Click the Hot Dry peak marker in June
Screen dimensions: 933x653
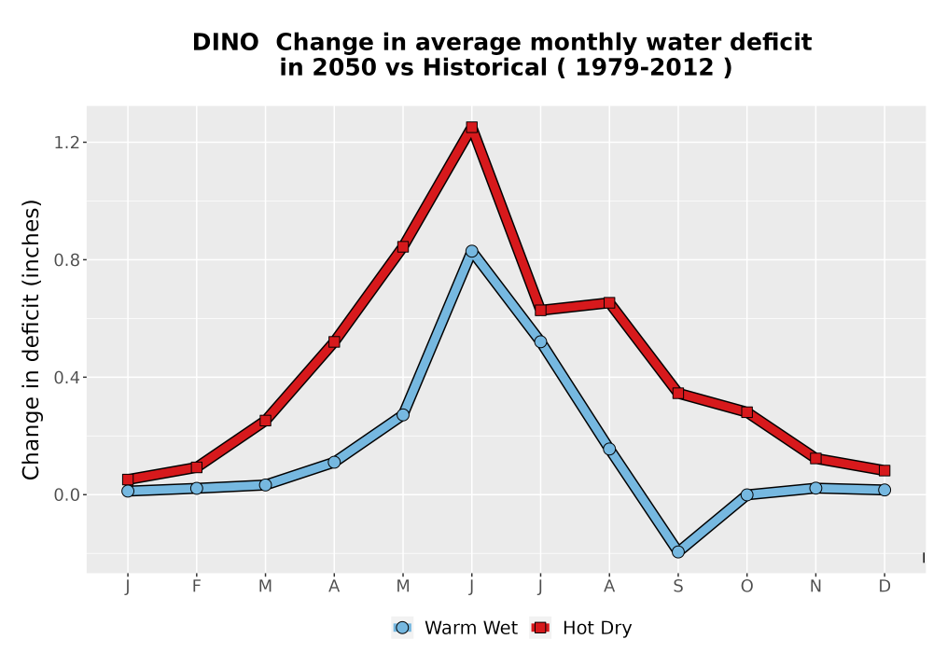[472, 127]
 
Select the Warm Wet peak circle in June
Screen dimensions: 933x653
[472, 252]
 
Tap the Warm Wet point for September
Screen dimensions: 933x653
[677, 552]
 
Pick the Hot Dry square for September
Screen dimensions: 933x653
[677, 393]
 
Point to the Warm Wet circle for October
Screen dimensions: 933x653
[746, 494]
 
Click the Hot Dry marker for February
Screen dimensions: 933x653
[196, 467]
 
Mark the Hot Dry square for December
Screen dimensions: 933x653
[884, 470]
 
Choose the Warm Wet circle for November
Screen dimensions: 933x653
[815, 488]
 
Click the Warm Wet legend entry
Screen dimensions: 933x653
[455, 628]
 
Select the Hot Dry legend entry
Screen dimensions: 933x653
[580, 628]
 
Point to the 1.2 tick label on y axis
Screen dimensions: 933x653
[66, 142]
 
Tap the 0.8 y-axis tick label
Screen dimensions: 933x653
[66, 260]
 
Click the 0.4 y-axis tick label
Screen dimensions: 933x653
[66, 377]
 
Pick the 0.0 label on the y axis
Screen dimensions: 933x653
[66, 494]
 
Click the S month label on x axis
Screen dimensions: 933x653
[677, 587]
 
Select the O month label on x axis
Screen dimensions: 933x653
[746, 587]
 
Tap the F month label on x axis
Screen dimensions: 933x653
[196, 587]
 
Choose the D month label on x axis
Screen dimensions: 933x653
[884, 587]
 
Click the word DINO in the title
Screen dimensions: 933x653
[226, 43]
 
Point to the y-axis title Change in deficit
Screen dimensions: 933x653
[31, 340]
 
